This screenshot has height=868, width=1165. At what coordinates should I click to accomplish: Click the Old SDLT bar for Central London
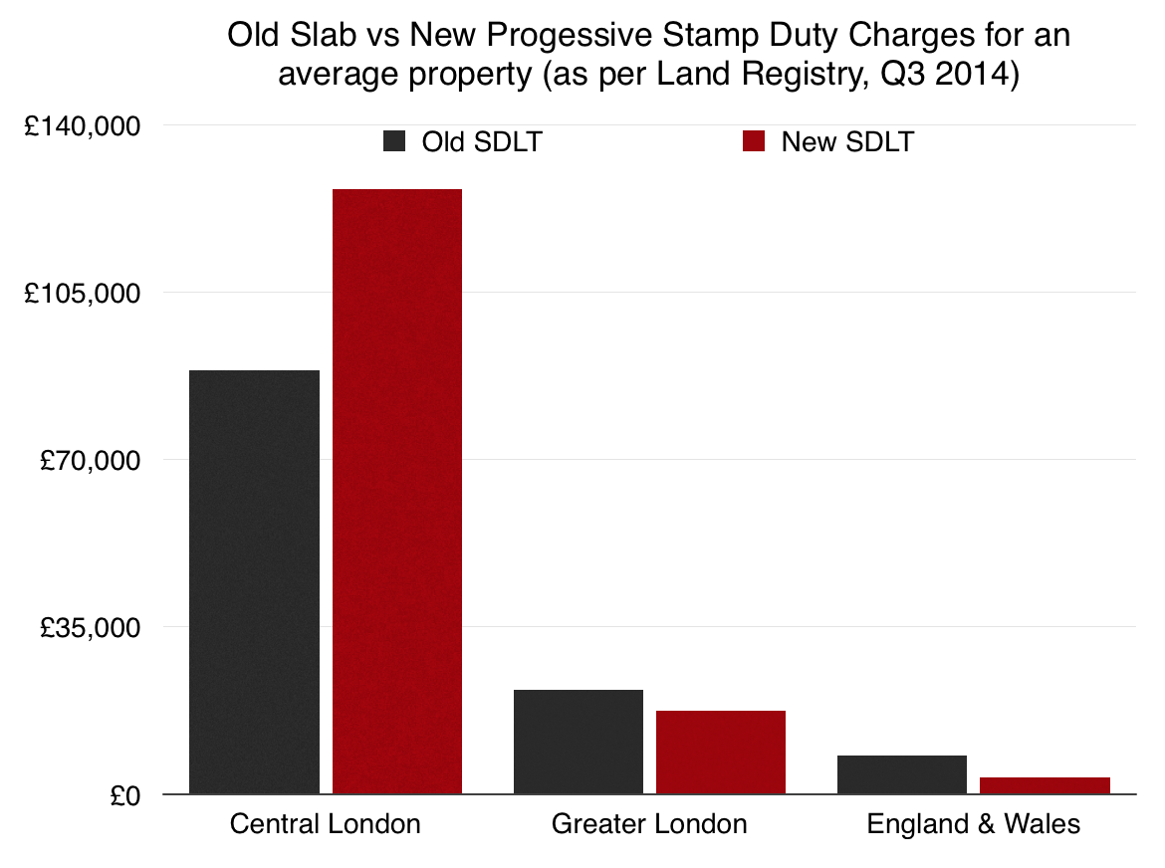pos(254,582)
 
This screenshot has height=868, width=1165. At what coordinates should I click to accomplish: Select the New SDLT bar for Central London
pos(397,492)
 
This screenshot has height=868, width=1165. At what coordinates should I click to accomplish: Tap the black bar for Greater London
pos(579,742)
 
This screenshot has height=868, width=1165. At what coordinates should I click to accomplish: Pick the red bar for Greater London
pos(721,753)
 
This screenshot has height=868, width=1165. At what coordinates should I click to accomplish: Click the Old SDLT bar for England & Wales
pos(902,774)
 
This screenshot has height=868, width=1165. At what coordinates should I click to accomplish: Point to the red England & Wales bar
pos(1045,785)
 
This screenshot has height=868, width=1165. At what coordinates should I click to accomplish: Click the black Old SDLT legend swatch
pos(395,141)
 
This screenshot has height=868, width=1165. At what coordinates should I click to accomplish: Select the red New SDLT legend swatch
pos(754,141)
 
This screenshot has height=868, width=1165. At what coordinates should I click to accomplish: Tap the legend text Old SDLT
pos(482,141)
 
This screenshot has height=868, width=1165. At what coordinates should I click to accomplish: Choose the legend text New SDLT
pos(847,141)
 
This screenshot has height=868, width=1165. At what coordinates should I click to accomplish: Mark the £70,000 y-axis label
pos(90,461)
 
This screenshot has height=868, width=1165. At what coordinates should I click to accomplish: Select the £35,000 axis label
pos(90,628)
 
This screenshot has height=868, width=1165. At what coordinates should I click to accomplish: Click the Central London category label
pos(325,824)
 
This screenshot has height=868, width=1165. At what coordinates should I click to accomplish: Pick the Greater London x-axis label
pos(649,824)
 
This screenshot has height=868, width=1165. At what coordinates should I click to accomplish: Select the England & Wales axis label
pos(973,824)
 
